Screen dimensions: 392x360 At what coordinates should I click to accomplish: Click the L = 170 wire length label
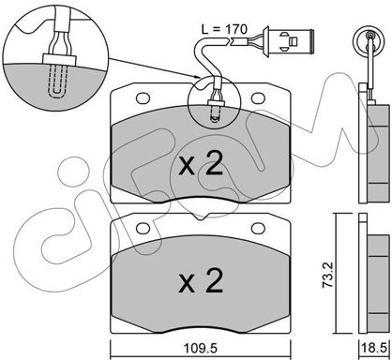(x=224, y=29)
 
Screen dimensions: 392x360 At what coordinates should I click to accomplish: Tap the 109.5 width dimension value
(x=201, y=348)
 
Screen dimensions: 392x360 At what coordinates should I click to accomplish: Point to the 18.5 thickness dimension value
(x=375, y=348)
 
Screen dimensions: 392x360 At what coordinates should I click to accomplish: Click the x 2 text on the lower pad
(x=201, y=280)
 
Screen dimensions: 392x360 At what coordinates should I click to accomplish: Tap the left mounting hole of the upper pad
(x=143, y=98)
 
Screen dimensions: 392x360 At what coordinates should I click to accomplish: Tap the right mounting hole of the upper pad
(x=258, y=98)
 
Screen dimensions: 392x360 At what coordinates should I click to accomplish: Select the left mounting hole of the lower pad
(x=143, y=229)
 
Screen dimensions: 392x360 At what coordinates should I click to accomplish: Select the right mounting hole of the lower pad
(x=258, y=229)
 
